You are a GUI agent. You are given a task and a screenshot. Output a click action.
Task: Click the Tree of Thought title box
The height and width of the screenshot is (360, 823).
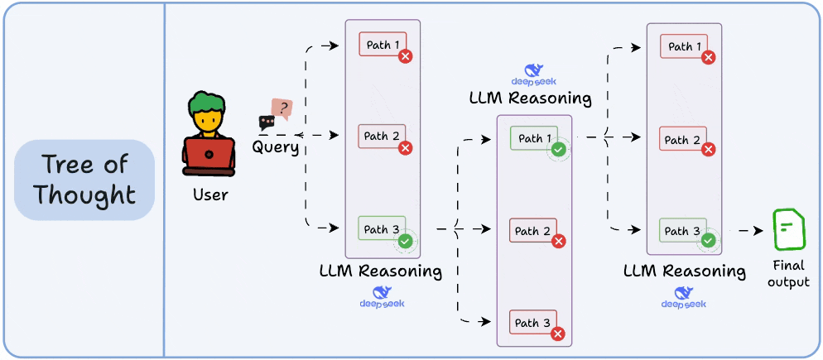(85, 180)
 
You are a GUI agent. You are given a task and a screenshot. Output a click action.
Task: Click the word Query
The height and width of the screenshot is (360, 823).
(276, 147)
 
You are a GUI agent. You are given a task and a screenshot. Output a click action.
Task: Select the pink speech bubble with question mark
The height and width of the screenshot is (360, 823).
(282, 108)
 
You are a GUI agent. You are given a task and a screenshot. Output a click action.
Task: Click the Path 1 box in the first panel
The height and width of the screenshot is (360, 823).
(382, 45)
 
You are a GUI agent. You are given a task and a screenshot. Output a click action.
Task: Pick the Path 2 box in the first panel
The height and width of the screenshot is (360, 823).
(382, 137)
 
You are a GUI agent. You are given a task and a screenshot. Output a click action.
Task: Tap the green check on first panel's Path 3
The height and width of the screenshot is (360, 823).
(405, 242)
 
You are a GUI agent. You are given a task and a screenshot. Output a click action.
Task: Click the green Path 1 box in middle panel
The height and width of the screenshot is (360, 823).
(533, 139)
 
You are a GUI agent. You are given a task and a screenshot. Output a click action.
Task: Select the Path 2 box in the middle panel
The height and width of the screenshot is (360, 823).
(533, 231)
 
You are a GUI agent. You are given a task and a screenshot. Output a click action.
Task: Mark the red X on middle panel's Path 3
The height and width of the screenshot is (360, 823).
(558, 334)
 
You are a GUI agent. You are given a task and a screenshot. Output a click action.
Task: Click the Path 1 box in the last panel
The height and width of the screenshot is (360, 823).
(683, 46)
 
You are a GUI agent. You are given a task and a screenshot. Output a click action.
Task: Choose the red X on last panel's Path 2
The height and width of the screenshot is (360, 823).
(708, 150)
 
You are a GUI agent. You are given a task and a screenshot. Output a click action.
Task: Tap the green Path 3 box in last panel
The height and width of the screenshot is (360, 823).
(683, 231)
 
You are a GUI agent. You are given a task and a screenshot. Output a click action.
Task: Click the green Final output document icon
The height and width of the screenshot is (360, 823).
(787, 230)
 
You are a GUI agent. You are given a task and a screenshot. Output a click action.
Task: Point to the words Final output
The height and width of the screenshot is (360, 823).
(788, 275)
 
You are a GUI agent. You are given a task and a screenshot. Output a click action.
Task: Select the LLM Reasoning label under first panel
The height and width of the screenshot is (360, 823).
(380, 271)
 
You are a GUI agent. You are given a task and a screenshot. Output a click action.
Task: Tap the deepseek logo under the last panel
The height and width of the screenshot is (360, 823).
(683, 297)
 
